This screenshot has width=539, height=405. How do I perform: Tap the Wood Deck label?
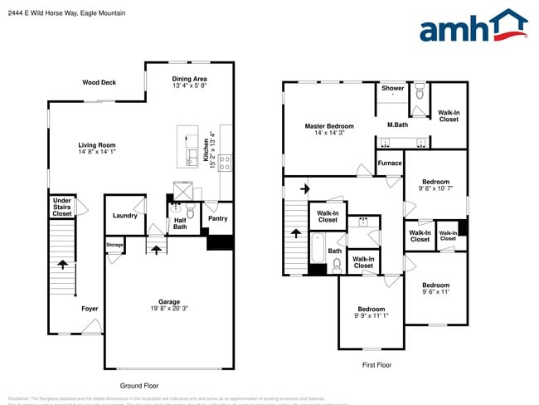click(99, 82)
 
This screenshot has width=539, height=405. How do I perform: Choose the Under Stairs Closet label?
click(62, 207)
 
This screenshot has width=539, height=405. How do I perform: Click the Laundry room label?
click(124, 216)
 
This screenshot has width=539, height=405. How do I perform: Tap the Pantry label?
click(218, 218)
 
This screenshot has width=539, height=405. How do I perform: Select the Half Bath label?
click(180, 223)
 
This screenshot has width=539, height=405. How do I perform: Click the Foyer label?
click(90, 309)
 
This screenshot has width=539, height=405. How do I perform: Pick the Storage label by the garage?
click(114, 245)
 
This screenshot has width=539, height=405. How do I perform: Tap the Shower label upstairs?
click(392, 88)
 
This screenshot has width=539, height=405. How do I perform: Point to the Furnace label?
click(390, 163)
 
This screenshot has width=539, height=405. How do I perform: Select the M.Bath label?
click(397, 125)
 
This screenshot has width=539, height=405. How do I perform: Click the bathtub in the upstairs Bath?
click(316, 248)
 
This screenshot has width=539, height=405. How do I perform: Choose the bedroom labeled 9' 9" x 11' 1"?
click(371, 312)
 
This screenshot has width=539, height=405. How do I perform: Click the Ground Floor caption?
click(139, 385)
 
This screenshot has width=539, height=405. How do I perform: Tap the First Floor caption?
click(377, 364)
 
